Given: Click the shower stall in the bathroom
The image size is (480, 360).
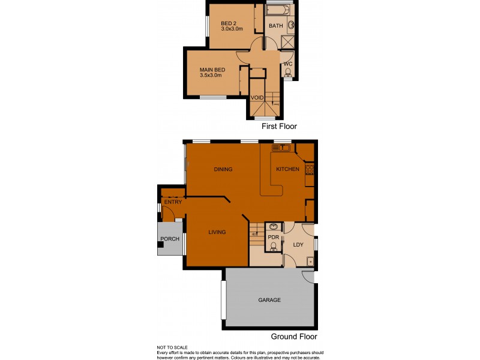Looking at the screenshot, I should click(x=287, y=42).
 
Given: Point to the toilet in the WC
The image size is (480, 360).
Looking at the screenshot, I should click(x=287, y=73).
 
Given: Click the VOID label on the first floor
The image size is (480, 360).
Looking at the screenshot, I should click(x=257, y=97).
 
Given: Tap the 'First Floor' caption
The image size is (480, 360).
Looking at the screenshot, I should click(x=280, y=127).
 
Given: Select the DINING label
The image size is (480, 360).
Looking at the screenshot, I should click(x=223, y=169).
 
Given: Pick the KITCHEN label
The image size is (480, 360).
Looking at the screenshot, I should click(x=287, y=169).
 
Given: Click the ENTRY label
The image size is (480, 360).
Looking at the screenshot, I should click(x=173, y=202).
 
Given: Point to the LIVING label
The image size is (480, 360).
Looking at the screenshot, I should click(x=217, y=232).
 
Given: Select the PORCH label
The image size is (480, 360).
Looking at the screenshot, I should click(x=169, y=239).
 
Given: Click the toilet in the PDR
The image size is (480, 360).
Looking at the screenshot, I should click(x=273, y=245).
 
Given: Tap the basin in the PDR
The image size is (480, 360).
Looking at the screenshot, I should click(x=274, y=227).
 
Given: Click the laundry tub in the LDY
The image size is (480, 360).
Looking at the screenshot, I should click(x=310, y=260).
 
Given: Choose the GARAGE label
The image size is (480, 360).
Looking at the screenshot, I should click(x=269, y=300).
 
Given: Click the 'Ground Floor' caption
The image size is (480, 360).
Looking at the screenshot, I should click(x=294, y=337).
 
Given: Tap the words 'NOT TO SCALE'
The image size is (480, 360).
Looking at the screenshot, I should click(x=172, y=347).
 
